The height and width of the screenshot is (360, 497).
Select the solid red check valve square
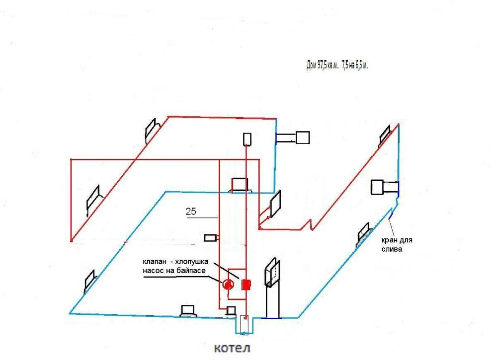[246, 285]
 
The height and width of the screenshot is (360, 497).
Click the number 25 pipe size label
[191, 212]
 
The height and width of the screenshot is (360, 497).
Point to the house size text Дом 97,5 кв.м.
[324, 66]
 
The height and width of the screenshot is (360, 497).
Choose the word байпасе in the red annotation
[191, 272]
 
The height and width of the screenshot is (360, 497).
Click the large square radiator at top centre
[302, 137]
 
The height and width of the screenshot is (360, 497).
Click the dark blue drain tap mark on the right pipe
[391, 215]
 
